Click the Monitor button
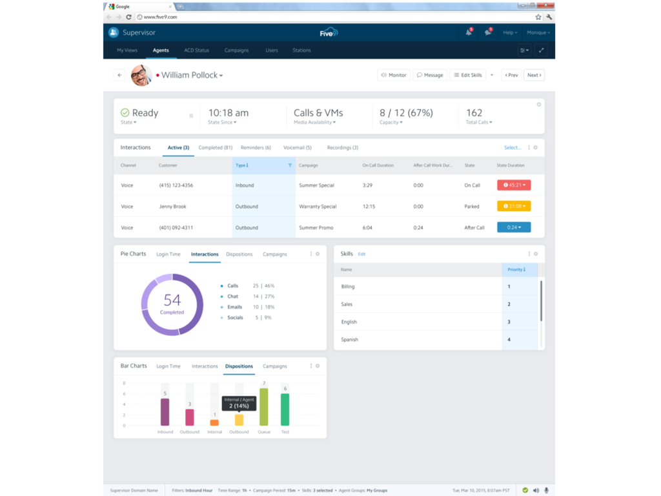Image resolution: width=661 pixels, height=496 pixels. (x=393, y=75)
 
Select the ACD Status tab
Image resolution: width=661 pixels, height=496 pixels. (x=196, y=50)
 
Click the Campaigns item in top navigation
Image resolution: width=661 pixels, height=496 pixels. (x=236, y=50)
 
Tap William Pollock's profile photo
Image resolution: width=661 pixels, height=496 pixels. (x=141, y=75)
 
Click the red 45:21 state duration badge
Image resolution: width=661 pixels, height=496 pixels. (x=514, y=185)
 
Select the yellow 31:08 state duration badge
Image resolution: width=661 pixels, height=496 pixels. (x=514, y=207)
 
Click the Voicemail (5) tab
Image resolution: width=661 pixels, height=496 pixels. (x=297, y=148)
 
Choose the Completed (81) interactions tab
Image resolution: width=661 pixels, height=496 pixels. (x=215, y=148)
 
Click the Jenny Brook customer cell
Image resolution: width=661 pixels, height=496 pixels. (x=173, y=207)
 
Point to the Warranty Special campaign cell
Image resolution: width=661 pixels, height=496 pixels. (x=318, y=207)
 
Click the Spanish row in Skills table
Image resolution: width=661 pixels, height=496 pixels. (x=350, y=340)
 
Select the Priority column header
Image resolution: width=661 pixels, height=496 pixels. (x=516, y=269)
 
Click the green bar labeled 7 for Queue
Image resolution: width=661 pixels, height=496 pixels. (x=263, y=407)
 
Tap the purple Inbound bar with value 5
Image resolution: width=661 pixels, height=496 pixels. (x=165, y=411)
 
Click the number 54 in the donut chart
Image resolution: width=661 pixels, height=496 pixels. (x=172, y=300)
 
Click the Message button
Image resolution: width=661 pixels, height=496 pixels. (x=430, y=75)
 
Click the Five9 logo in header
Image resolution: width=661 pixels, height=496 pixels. (x=329, y=32)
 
